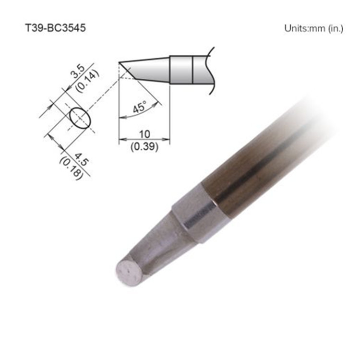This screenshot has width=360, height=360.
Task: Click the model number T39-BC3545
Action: [55, 28]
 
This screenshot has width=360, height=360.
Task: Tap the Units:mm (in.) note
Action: [314, 28]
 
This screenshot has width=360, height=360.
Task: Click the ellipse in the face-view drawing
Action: [80, 118]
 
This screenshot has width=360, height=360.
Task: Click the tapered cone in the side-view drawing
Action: [149, 70]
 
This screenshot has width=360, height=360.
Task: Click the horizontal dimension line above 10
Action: [144, 140]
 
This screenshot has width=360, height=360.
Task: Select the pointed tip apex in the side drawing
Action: [120, 62]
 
